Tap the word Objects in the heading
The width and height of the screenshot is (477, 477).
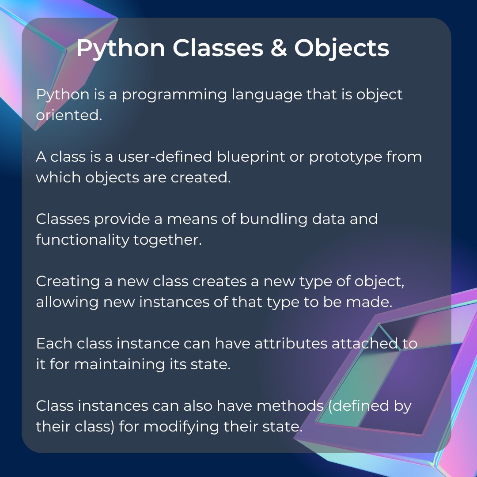(341, 48)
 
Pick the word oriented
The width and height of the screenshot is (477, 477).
(67, 116)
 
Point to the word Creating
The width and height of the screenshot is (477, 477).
(68, 282)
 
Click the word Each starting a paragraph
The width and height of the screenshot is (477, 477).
(51, 344)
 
